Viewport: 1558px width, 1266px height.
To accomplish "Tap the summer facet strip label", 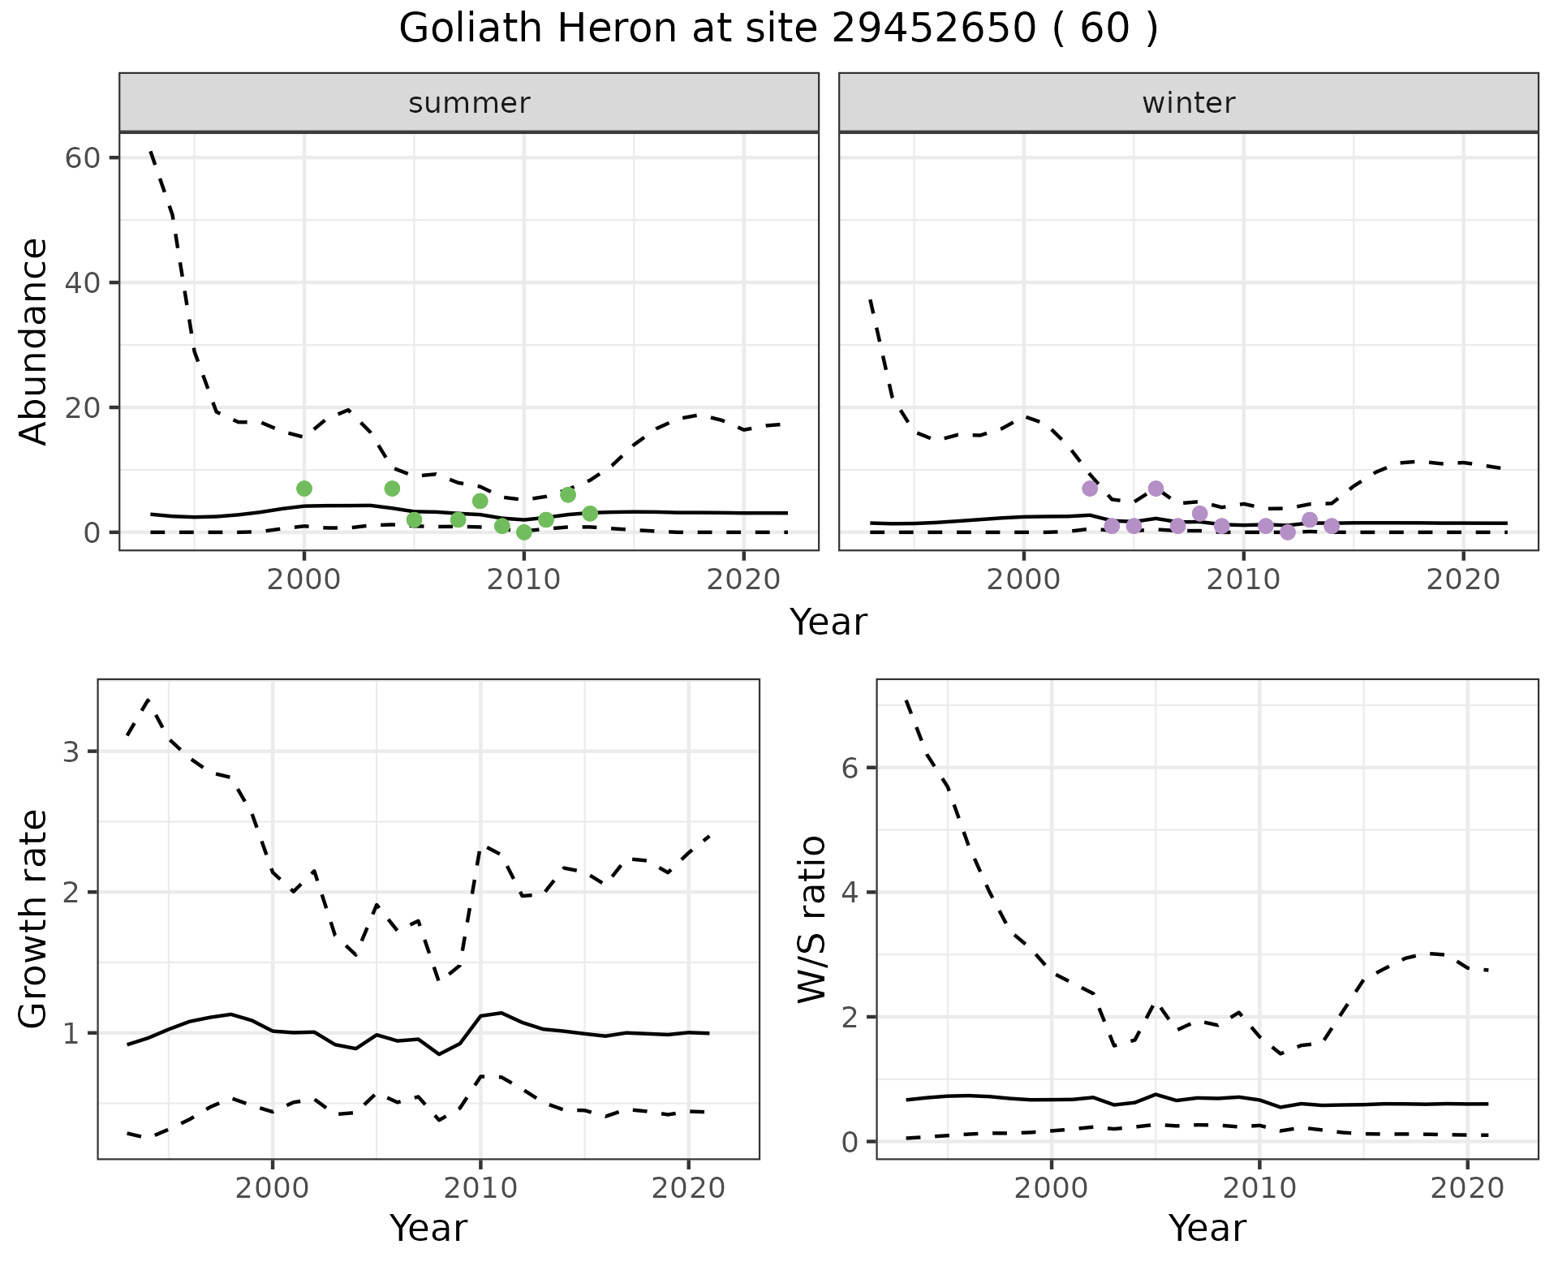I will click(x=469, y=103).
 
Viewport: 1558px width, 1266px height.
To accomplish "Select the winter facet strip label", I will click(x=1188, y=103).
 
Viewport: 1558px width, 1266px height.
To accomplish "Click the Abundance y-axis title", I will click(x=34, y=341).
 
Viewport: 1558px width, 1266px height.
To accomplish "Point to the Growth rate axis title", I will click(x=34, y=919).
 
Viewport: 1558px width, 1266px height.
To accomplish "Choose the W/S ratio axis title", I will click(x=812, y=919).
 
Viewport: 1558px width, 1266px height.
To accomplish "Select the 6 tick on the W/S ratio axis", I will click(x=850, y=768).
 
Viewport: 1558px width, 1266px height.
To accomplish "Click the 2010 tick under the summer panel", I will click(x=523, y=579).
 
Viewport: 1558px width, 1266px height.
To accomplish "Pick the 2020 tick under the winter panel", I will click(x=1463, y=579).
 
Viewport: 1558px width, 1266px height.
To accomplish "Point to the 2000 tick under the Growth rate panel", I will click(x=273, y=1188).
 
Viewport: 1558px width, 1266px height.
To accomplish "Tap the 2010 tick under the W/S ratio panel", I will click(x=1259, y=1188).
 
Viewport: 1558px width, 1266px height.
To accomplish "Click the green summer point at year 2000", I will click(x=304, y=489).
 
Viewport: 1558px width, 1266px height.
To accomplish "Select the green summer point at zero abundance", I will click(x=524, y=532).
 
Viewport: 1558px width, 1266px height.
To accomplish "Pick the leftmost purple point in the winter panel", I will click(x=1090, y=489).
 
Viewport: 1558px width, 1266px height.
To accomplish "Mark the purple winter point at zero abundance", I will click(x=1288, y=532).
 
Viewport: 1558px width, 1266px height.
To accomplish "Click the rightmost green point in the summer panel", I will click(x=590, y=514).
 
